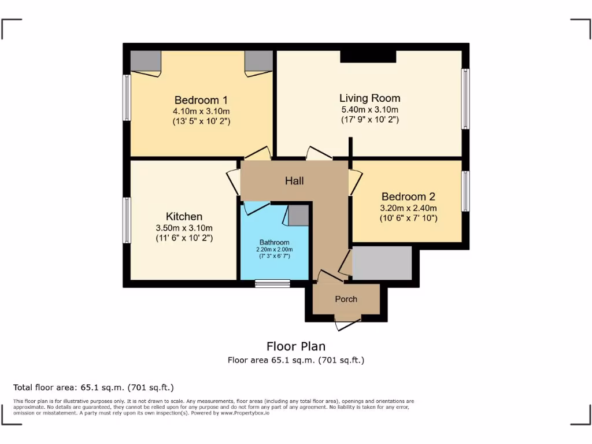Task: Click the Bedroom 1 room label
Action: click(x=197, y=100)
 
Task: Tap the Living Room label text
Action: click(x=369, y=98)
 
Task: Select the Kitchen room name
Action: click(x=184, y=217)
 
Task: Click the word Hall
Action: click(x=294, y=181)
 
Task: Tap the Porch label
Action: click(x=346, y=299)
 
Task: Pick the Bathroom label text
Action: click(x=274, y=242)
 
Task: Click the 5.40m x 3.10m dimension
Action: click(x=369, y=109)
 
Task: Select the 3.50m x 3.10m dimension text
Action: click(x=184, y=228)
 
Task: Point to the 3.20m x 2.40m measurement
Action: click(x=408, y=208)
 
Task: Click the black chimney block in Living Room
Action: click(x=368, y=56)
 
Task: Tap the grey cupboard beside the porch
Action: click(x=382, y=263)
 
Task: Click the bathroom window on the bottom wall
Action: click(x=272, y=283)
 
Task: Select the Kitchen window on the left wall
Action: click(x=127, y=220)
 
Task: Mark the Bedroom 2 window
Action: click(x=465, y=191)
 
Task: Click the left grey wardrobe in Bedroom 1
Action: click(x=145, y=60)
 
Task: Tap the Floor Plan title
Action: click(x=295, y=346)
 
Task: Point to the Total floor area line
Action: click(x=94, y=387)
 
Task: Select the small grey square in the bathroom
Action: click(x=298, y=215)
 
